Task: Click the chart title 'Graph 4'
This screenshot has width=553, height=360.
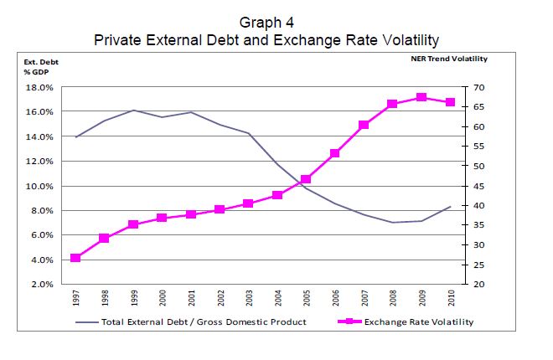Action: [x=266, y=23]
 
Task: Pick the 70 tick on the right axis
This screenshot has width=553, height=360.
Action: [x=479, y=87]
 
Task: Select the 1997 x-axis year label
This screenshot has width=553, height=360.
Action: [x=76, y=298]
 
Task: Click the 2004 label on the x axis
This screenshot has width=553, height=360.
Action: [x=278, y=298]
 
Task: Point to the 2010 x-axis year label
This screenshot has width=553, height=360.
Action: [x=451, y=298]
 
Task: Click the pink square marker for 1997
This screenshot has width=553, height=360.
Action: [x=75, y=258]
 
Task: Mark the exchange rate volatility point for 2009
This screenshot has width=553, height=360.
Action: [x=421, y=98]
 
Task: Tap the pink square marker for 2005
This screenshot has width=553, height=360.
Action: [x=306, y=179]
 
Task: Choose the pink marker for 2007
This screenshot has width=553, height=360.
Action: [x=364, y=125]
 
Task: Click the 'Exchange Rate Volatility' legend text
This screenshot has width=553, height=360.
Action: [x=420, y=321]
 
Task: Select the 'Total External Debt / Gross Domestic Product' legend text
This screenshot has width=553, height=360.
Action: [x=204, y=321]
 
